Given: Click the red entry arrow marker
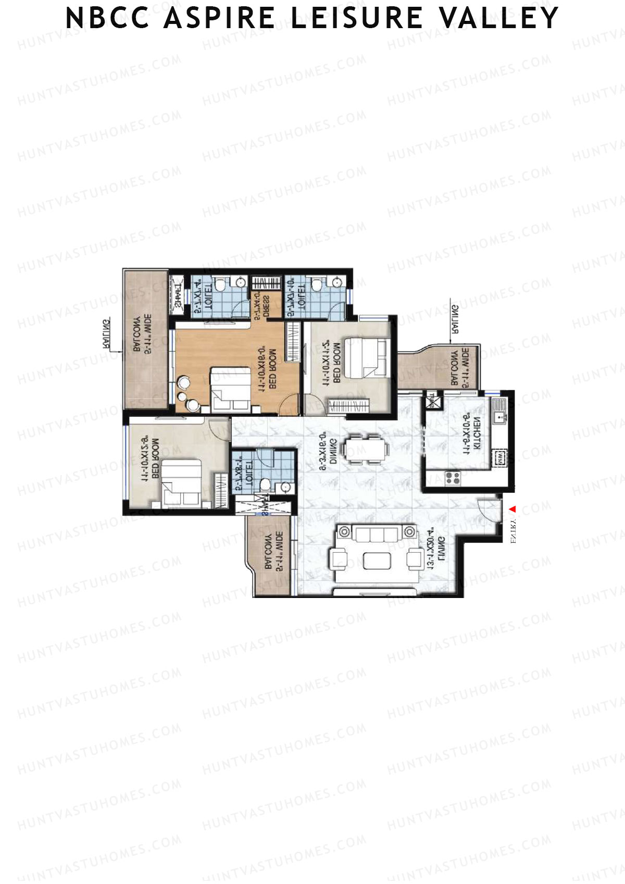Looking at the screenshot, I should click(512, 509).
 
